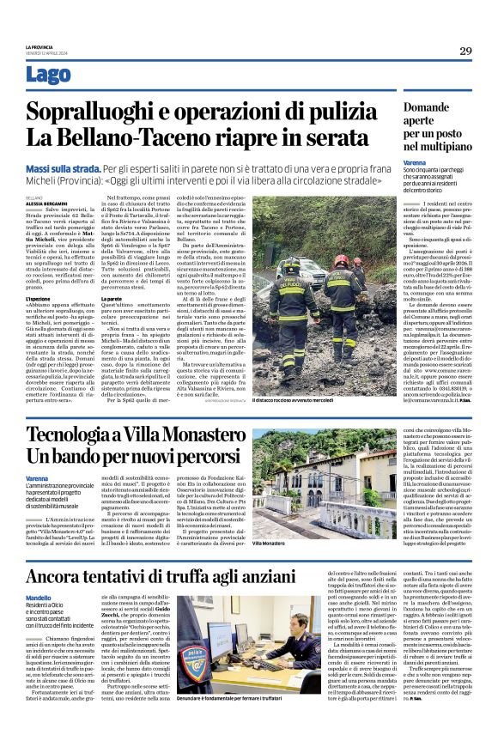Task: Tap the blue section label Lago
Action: pos(48,75)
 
